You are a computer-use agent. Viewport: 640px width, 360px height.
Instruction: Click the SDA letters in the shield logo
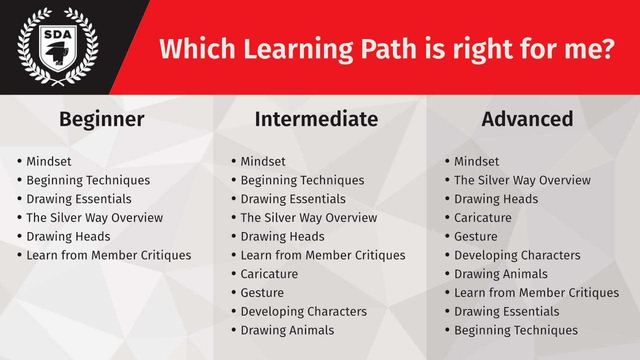point(57,34)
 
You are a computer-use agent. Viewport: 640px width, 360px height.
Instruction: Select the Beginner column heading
point(101,119)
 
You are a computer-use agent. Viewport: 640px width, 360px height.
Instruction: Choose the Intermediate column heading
point(316,119)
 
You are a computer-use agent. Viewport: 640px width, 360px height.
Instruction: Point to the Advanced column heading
point(527,119)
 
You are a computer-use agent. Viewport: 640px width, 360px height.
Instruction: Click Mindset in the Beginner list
point(49,161)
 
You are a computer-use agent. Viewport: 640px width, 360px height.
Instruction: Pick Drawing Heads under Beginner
point(68,236)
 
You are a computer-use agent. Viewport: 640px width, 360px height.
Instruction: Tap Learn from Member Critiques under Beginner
point(109,255)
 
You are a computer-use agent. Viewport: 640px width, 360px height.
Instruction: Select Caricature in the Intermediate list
point(269,274)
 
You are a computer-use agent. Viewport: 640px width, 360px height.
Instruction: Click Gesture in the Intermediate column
point(262,293)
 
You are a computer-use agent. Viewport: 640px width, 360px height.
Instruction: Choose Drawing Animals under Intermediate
point(287,330)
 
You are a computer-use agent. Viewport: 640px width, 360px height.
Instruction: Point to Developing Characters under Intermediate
point(303,311)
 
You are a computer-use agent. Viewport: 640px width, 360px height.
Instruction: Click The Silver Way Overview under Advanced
point(522,180)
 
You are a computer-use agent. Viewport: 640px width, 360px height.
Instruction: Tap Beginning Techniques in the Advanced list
point(516,330)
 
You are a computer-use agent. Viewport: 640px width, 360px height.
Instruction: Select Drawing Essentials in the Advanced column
point(506,311)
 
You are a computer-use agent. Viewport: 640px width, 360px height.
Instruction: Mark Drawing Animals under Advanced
point(501,274)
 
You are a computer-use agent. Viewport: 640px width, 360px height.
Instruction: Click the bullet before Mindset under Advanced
point(447,161)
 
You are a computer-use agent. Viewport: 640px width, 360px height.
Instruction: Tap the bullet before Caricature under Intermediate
point(233,273)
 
